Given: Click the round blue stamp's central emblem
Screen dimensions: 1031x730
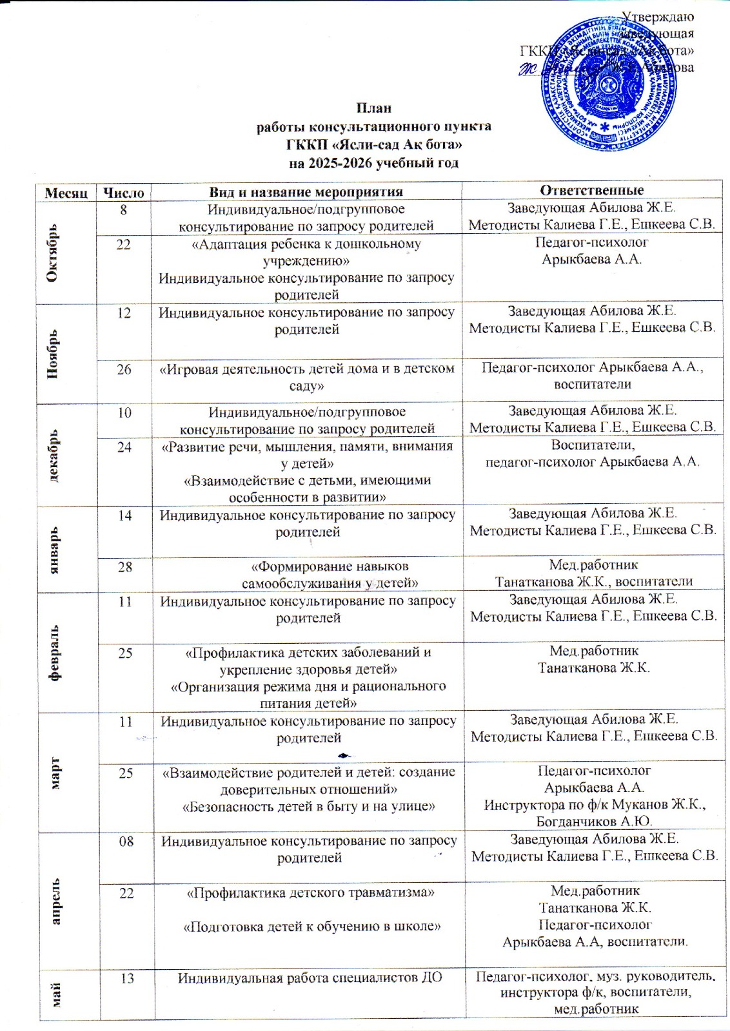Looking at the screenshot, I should click(609, 82).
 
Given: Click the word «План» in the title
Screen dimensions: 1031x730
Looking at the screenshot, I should click(374, 108).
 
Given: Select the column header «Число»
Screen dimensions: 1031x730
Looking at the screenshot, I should click(124, 192).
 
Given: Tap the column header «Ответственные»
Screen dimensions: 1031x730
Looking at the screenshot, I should click(591, 190).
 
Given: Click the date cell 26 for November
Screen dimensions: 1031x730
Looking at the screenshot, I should click(124, 369).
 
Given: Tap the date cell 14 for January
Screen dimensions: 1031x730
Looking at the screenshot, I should click(124, 515).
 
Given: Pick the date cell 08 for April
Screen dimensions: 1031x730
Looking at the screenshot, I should click(126, 841).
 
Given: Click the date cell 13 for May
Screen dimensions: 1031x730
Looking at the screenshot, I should click(127, 978).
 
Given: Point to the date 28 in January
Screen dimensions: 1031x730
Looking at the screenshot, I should click(124, 566).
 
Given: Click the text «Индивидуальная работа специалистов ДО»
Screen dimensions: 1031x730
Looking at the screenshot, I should click(310, 978).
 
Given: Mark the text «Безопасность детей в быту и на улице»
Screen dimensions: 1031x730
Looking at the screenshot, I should click(309, 806).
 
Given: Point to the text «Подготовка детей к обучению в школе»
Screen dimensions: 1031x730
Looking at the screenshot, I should click(312, 927).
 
